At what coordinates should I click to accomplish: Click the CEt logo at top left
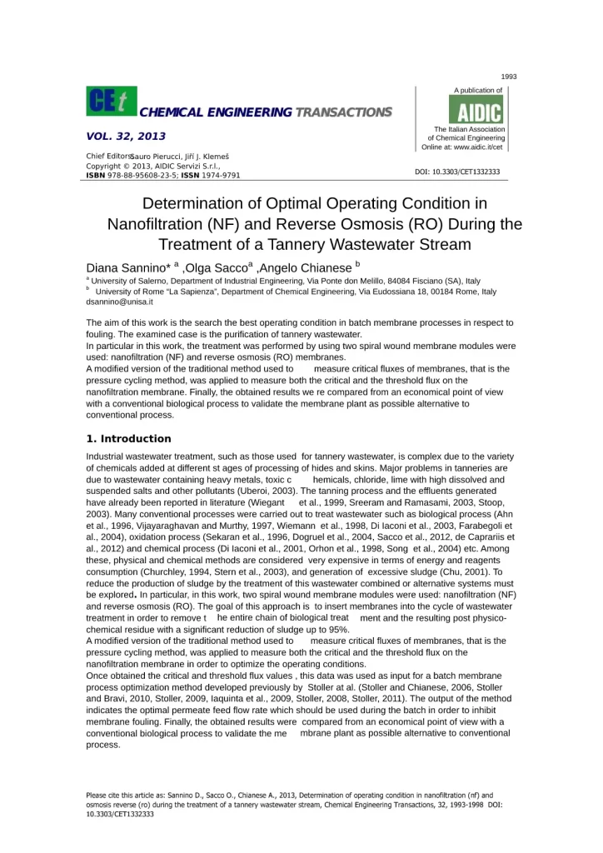[112, 101]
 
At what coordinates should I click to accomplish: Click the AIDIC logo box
[476, 109]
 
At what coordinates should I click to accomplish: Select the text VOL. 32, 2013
[126, 136]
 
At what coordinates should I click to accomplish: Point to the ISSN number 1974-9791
[218, 176]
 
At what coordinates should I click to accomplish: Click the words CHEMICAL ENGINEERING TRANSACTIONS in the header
[266, 112]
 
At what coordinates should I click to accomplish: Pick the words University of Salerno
[125, 282]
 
